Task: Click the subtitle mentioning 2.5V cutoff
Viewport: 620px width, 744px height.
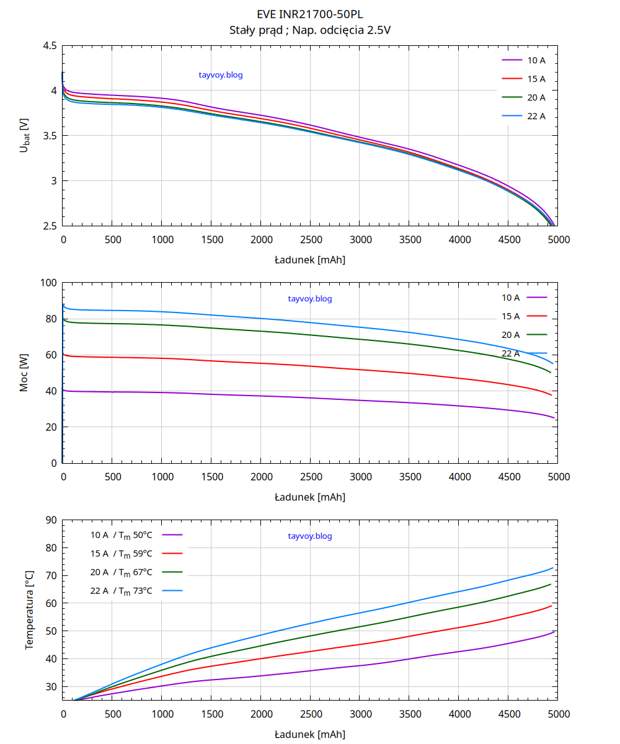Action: pyautogui.click(x=310, y=30)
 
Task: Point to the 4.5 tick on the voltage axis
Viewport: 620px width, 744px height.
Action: pyautogui.click(x=50, y=46)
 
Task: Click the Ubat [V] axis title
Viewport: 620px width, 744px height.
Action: pyautogui.click(x=24, y=136)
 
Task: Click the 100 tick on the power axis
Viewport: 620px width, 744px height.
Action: pyautogui.click(x=48, y=283)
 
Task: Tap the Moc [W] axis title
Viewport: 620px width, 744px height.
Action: pyautogui.click(x=24, y=373)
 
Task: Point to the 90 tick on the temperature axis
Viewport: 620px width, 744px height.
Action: pyautogui.click(x=51, y=520)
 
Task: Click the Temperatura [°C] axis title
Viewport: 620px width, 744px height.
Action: pyautogui.click(x=29, y=610)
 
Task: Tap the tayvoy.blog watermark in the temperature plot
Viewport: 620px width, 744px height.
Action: pyautogui.click(x=310, y=536)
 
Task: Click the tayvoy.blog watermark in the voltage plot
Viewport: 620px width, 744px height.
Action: pyautogui.click(x=221, y=75)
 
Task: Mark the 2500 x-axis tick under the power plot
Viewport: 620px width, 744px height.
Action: pyautogui.click(x=311, y=476)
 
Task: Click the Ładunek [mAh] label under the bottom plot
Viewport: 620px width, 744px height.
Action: pyautogui.click(x=310, y=735)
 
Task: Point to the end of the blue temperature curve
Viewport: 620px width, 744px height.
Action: pyautogui.click(x=552, y=568)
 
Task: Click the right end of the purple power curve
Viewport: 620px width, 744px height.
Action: pyautogui.click(x=554, y=418)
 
